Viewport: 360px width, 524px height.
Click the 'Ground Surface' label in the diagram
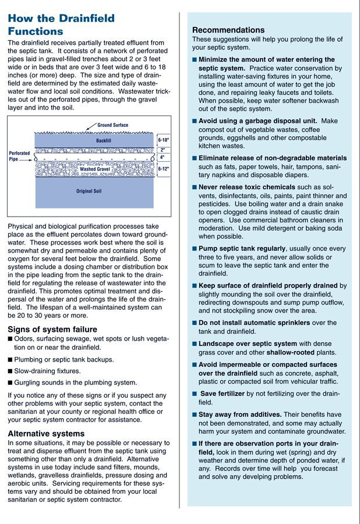tap(112, 125)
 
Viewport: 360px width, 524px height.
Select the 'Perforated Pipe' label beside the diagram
tap(20, 156)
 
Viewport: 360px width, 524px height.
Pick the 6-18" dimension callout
tap(164, 140)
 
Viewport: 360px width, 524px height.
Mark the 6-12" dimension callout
tap(164, 169)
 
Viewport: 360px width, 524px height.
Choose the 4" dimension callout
tap(163, 157)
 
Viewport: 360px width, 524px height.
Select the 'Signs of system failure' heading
tap(52, 330)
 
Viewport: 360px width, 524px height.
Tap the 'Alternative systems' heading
tap(46, 433)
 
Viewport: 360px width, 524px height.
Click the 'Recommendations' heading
tap(228, 30)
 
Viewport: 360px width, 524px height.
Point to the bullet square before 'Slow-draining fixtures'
tap(10, 371)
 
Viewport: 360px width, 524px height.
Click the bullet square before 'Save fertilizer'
tap(195, 394)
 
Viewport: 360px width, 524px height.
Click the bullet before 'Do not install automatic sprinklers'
tap(195, 323)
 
